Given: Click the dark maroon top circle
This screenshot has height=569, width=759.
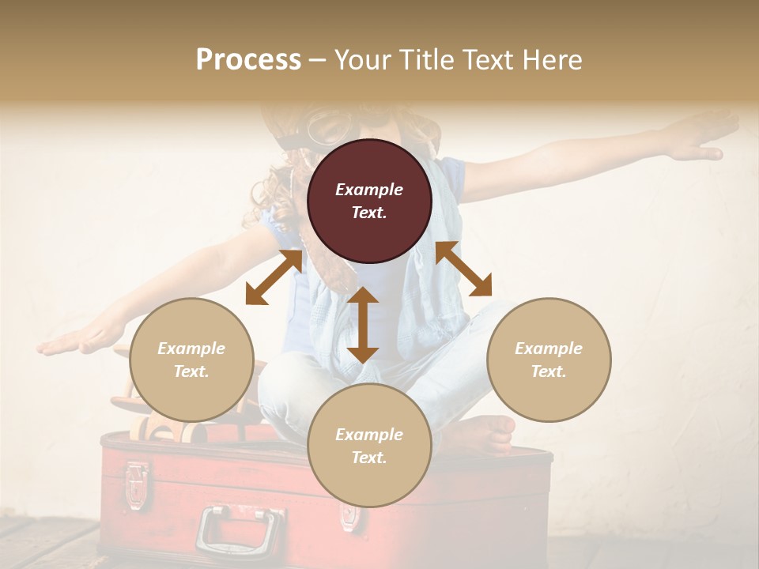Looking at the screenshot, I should pyautogui.click(x=369, y=201).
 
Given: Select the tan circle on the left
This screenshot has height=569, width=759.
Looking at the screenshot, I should pyautogui.click(x=191, y=360).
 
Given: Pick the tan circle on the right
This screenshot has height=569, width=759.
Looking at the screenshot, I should pyautogui.click(x=549, y=360).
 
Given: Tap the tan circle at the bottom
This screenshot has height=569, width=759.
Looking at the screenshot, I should pyautogui.click(x=369, y=446).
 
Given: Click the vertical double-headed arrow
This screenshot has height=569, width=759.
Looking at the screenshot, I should pyautogui.click(x=363, y=325).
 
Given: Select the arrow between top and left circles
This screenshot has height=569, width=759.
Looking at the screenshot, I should pyautogui.click(x=274, y=277).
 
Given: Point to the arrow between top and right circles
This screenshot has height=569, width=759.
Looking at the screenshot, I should pyautogui.click(x=463, y=269).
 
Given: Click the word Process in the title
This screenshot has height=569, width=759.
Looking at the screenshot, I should pyautogui.click(x=248, y=59).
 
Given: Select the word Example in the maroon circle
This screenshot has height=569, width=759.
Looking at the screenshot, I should pyautogui.click(x=369, y=190).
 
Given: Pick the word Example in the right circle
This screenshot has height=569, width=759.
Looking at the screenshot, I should pyautogui.click(x=549, y=349).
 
